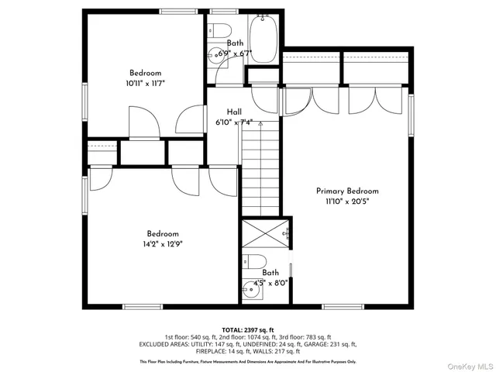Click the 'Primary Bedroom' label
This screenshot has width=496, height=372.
(x=347, y=191)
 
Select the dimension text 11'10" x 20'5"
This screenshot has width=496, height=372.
(x=347, y=201)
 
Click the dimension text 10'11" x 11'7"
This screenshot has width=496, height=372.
(x=145, y=82)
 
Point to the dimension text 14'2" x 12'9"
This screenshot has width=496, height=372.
(x=163, y=243)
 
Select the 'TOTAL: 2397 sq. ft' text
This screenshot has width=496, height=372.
(x=248, y=329)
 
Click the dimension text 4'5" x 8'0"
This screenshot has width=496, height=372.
(x=270, y=283)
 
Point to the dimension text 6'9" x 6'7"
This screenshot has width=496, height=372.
(x=234, y=53)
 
